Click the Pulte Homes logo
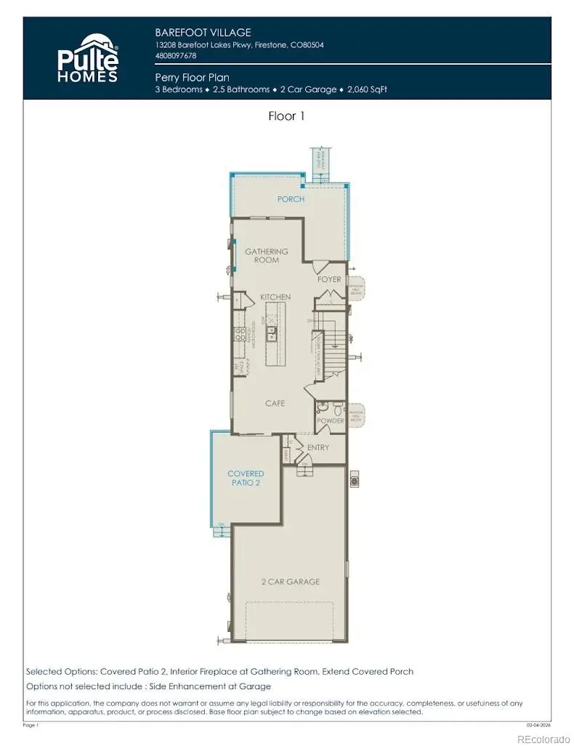pyautogui.click(x=87, y=58)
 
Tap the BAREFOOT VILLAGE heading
pyautogui.click(x=203, y=32)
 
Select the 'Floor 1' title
pyautogui.click(x=286, y=116)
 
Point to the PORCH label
pyautogui.click(x=291, y=198)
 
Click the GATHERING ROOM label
pyautogui.click(x=266, y=255)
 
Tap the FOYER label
pyautogui.click(x=329, y=279)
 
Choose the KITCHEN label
pyautogui.click(x=275, y=297)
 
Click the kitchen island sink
pyautogui.click(x=271, y=333)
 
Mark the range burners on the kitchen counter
pyautogui.click(x=239, y=334)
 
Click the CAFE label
pyautogui.click(x=275, y=403)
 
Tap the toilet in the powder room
pyautogui.click(x=324, y=409)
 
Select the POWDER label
pyautogui.click(x=329, y=421)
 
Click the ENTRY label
pyautogui.click(x=318, y=447)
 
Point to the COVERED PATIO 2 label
pyautogui.click(x=246, y=478)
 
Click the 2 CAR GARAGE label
pyautogui.click(x=291, y=581)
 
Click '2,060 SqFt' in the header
pyautogui.click(x=368, y=89)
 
